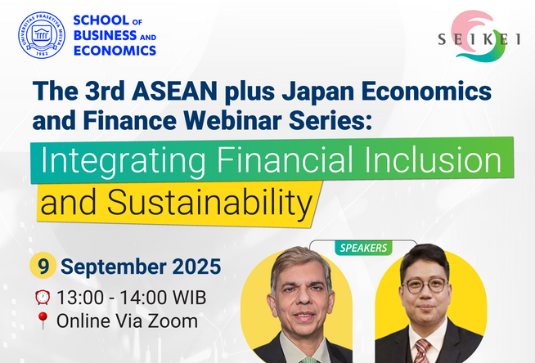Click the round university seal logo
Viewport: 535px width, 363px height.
tap(42, 35)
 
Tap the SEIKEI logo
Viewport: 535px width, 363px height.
tap(479, 36)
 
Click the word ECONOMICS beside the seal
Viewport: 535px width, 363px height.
tap(115, 51)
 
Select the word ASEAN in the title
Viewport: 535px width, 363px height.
tap(174, 91)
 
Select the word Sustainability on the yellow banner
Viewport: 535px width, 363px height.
tap(209, 203)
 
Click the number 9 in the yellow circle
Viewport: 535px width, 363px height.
tap(43, 266)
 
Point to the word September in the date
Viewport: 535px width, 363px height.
tap(114, 267)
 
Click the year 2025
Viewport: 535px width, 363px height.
tap(196, 267)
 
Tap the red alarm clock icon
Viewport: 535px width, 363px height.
tap(43, 298)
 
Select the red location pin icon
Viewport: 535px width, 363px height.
tap(43, 320)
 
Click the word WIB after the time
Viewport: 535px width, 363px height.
tap(189, 298)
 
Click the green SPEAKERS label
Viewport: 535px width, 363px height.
tap(363, 248)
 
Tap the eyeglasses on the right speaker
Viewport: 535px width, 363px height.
tap(425, 285)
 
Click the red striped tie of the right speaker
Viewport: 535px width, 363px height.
tap(422, 351)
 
